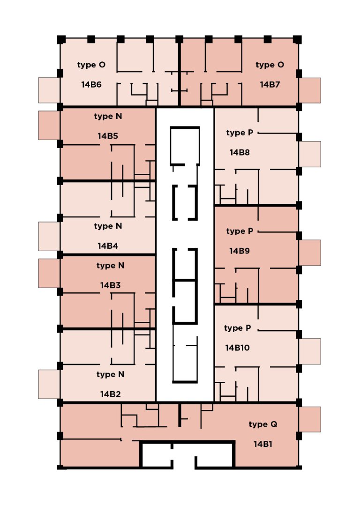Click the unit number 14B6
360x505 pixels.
(91, 85)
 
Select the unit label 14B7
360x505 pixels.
(270, 85)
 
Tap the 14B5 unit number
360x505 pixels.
(108, 136)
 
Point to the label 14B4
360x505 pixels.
(108, 245)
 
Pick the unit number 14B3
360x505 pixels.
(110, 285)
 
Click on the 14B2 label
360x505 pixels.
(110, 394)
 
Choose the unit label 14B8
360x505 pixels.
(240, 152)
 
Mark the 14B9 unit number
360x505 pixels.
(240, 251)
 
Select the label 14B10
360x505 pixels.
(237, 348)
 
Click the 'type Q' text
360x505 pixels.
(263, 424)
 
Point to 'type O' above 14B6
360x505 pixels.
(91, 65)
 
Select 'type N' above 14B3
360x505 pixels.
(110, 266)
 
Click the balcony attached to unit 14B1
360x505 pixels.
(310, 419)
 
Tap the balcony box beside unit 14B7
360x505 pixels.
(310, 90)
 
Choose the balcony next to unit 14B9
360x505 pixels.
(310, 252)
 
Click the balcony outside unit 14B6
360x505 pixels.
(49, 90)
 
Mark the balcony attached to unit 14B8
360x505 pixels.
(310, 154)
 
